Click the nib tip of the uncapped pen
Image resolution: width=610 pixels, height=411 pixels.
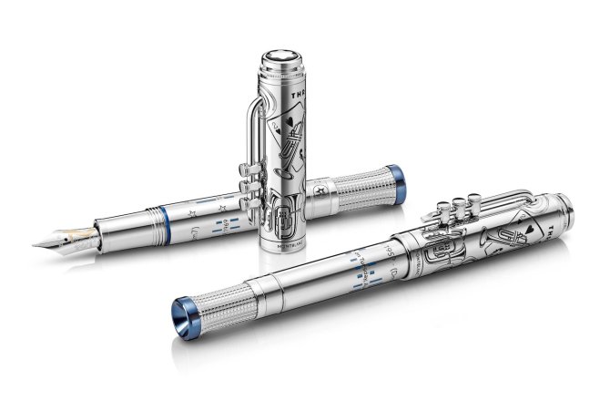(x=35, y=244)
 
